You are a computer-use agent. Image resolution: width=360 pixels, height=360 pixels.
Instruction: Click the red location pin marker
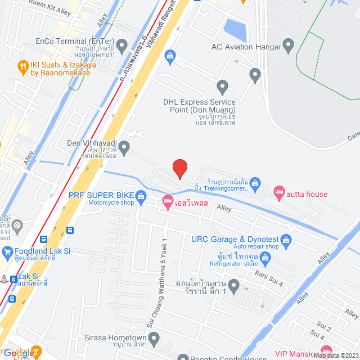(179, 168)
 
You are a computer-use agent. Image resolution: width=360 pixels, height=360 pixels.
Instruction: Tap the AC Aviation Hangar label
(247, 47)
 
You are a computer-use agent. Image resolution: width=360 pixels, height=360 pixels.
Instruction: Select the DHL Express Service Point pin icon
(222, 87)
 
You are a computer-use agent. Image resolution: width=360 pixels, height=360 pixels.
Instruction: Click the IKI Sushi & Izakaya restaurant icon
(22, 66)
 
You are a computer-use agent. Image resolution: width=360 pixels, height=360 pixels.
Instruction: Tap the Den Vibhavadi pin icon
(124, 147)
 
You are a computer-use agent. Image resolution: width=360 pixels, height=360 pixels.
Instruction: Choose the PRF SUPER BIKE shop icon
(141, 196)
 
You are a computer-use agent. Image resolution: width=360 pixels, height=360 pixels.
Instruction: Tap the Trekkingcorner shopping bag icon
(255, 183)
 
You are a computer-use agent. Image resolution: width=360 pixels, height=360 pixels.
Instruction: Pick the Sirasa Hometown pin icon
(155, 337)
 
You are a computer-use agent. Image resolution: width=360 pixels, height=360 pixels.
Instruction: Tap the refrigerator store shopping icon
(265, 258)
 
